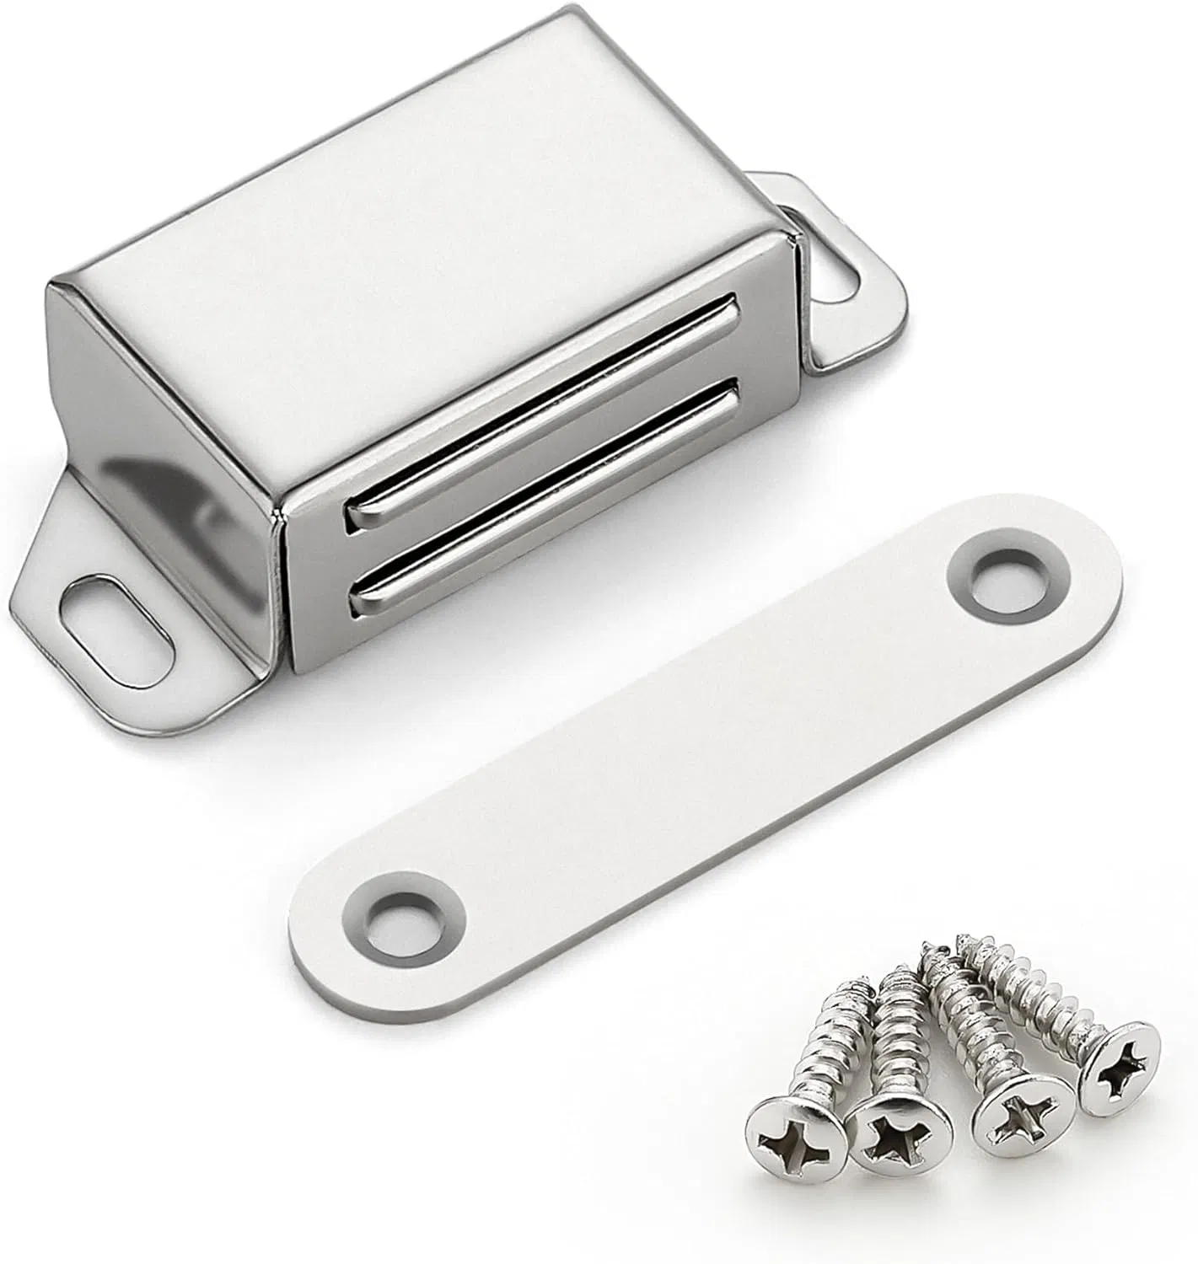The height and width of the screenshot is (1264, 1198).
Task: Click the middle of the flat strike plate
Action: (x=700, y=750)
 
